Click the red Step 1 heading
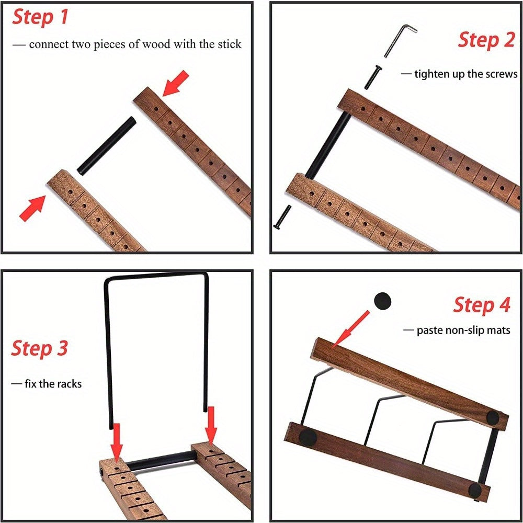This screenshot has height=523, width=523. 40,17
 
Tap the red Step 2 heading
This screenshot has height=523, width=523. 486,40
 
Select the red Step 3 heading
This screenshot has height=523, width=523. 39,348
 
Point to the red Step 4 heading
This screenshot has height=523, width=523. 482,305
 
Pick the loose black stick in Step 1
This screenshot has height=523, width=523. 107,146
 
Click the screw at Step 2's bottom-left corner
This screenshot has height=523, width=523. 282,217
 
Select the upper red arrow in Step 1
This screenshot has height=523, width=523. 175,83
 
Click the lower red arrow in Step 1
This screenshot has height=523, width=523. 32,208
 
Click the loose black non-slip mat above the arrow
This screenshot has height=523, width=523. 382,301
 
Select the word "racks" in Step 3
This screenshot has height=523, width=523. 70,383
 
